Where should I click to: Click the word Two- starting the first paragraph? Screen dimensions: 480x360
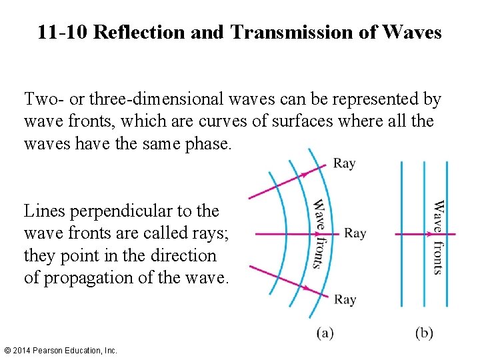click(x=43, y=100)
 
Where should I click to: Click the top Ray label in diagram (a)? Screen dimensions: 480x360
click(x=344, y=163)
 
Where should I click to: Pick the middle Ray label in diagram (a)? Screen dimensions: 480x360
click(x=355, y=233)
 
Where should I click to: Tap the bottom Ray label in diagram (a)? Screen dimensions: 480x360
click(x=344, y=300)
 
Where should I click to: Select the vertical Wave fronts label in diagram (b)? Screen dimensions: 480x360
click(x=438, y=237)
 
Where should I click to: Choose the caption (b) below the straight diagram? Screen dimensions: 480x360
click(x=424, y=333)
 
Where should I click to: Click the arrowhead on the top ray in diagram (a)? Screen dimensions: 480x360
click(x=305, y=174)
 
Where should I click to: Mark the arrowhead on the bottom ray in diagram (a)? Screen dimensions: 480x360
click(x=305, y=288)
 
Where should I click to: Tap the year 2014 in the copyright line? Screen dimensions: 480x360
click(x=23, y=350)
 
